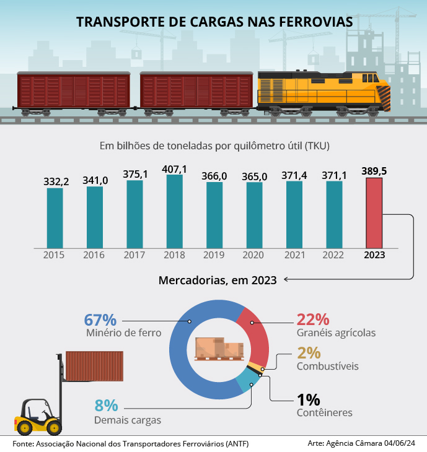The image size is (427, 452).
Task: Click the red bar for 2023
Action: coord(374,212)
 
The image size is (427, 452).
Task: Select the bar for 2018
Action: coord(175,211)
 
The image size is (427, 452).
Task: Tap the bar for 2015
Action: coord(55,217)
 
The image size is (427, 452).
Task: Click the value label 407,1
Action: coord(175,168)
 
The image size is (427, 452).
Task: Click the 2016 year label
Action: coord(95,255)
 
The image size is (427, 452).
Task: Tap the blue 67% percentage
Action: coord(100,320)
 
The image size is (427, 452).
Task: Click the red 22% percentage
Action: coord(313,319)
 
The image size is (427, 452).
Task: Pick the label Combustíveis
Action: coord(328,366)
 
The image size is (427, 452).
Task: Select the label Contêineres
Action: coord(325,412)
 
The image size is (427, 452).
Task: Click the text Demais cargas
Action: coord(128,420)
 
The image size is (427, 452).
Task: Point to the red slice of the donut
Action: coord(256,334)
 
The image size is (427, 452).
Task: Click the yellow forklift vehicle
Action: coord(38,415)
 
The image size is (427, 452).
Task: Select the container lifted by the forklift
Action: coord(94,366)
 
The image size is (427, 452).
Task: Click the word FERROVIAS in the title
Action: coord(312,22)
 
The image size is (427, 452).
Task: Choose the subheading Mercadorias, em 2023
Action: coord(218,280)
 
